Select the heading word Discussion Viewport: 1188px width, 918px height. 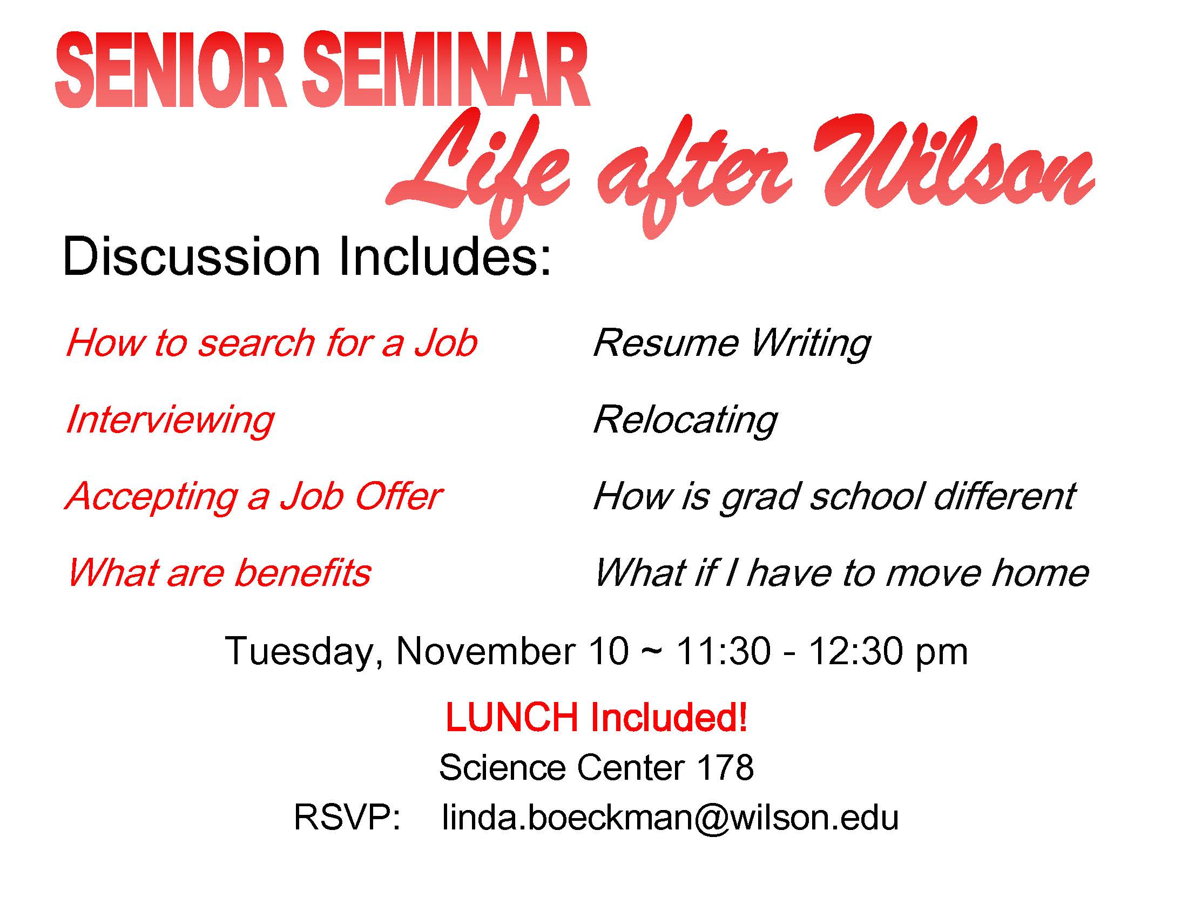[191, 257]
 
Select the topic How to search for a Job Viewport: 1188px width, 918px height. [271, 343]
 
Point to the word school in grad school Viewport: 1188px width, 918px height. [867, 496]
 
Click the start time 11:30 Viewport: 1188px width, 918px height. [723, 651]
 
